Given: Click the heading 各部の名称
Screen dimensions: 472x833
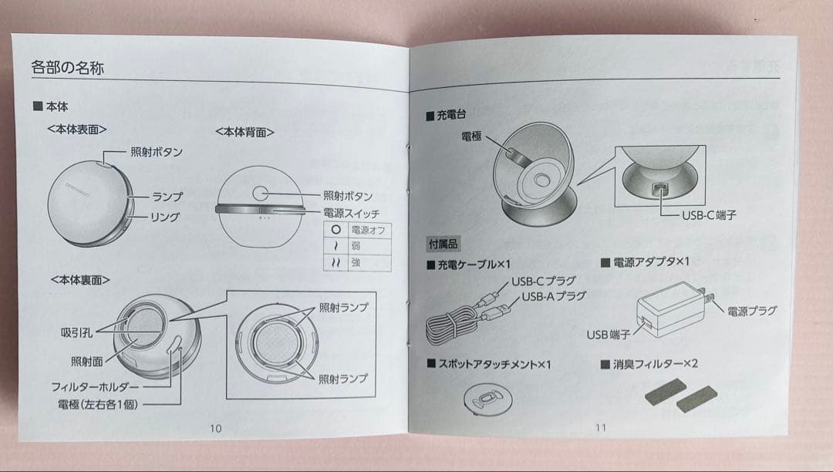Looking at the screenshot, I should [68, 68].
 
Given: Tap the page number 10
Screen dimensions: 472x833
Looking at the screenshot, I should [215, 428].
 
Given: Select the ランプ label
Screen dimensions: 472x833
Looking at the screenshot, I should [166, 197].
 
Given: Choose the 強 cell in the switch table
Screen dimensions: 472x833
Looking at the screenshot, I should [356, 262].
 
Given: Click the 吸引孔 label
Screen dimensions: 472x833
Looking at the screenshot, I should [77, 332].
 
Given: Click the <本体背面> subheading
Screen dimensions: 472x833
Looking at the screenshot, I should [245, 132].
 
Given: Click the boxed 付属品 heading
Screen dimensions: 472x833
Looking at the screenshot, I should [444, 243].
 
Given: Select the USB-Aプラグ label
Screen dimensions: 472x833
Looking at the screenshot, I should [554, 296].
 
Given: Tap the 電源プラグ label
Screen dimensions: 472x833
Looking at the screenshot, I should [751, 310].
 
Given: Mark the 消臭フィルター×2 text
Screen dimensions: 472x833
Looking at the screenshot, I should [653, 362].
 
